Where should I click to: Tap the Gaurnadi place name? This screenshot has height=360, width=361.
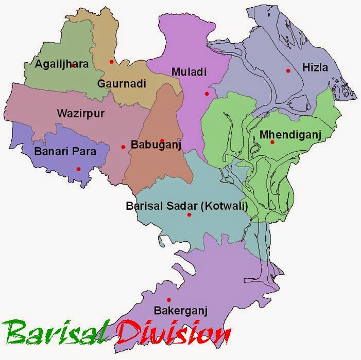[122, 83]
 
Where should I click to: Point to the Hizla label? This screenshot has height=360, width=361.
[315, 67]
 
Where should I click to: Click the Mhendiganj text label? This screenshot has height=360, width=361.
[290, 135]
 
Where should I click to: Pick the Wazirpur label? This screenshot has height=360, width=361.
[80, 114]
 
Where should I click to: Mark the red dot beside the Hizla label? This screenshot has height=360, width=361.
[288, 70]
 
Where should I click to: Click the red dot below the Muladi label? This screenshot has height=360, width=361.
[207, 94]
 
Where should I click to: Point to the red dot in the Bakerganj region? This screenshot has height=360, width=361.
[168, 300]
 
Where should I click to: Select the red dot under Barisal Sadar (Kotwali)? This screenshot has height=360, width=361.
[189, 214]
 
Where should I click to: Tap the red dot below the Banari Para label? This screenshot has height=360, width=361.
[78, 169]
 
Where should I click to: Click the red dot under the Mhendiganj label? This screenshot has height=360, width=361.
[272, 142]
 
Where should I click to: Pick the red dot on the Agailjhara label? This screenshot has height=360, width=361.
[73, 65]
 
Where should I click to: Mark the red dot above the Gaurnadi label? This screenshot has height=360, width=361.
[111, 62]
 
